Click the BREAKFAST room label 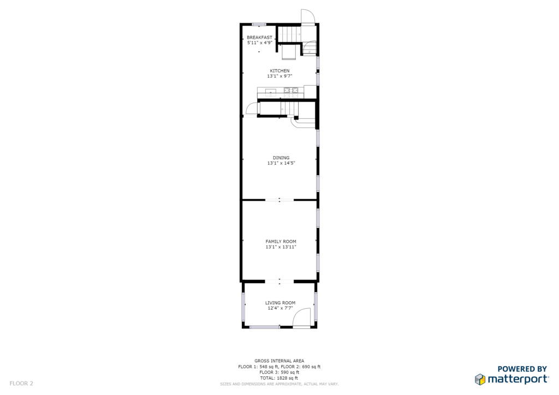click(259, 38)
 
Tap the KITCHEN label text click(279, 71)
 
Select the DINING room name click(281, 158)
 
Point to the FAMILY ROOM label click(281, 242)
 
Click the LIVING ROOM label click(280, 303)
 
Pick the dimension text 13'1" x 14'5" click(281, 163)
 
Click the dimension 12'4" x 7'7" click(280, 308)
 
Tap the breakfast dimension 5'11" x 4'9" click(259, 43)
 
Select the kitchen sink click(270, 92)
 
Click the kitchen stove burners click(291, 92)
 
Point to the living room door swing click(301, 318)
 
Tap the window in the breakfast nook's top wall click(259, 24)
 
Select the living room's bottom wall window click(265, 327)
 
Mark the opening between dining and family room click(279, 200)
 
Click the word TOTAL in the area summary click(267, 378)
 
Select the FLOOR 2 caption click(21, 384)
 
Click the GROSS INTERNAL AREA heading click(279, 361)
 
